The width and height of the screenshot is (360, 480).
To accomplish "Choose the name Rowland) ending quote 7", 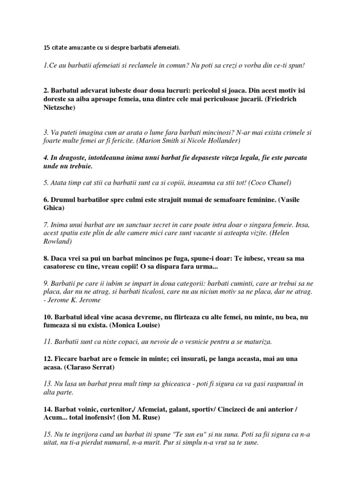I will pyautogui.click(x=57, y=241).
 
